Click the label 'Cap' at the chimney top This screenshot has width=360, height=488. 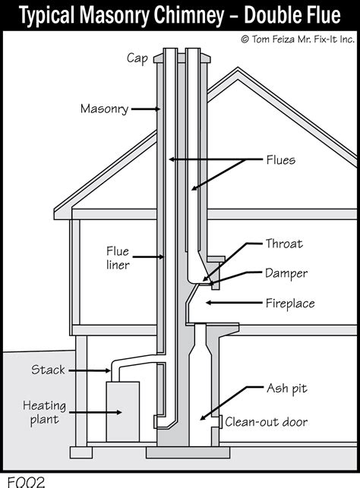[136, 57]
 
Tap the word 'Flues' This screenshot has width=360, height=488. [280, 160]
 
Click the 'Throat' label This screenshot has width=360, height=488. [283, 244]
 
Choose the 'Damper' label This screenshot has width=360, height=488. [285, 272]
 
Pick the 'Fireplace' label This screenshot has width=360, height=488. [289, 303]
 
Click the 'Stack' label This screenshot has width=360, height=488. [48, 370]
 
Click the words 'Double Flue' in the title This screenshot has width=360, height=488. [277, 15]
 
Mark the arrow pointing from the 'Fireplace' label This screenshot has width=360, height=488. [232, 303]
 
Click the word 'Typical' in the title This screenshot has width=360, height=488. [47, 15]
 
